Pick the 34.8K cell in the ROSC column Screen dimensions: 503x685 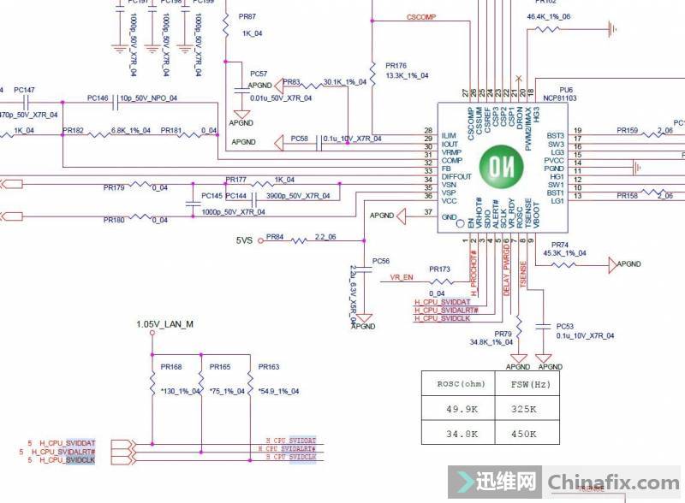tap(458, 434)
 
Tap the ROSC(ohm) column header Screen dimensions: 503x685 tap(458, 384)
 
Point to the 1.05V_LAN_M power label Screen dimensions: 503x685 tap(165, 324)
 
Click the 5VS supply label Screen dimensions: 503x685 tap(244, 241)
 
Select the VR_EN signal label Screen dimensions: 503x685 tap(402, 277)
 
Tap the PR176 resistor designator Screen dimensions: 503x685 tap(396, 65)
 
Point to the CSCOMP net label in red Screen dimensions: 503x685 tap(422, 17)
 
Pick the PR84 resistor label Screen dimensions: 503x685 tap(274, 236)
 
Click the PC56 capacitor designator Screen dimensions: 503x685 tap(381, 260)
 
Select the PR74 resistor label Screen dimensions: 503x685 tap(560, 245)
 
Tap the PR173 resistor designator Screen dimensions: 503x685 tap(439, 269)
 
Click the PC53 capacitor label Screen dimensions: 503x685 tap(564, 326)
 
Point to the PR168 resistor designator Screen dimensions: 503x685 tap(171, 366)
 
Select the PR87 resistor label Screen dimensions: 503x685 tap(247, 17)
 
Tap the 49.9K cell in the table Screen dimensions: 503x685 tap(458, 410)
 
